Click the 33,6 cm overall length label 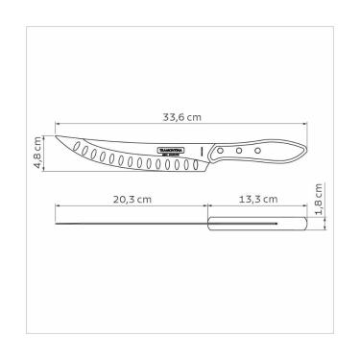[181, 117]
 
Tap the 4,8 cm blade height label [39, 151]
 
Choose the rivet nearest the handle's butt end [256, 151]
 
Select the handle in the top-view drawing [256, 225]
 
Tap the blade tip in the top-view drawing [58, 226]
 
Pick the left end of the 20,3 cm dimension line [57, 207]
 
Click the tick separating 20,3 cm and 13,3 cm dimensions [207, 207]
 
